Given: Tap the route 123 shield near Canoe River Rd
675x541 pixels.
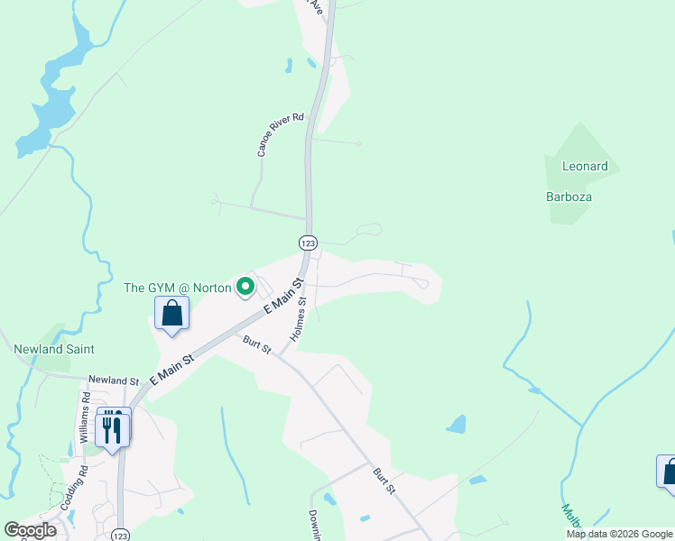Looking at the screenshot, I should (308, 243).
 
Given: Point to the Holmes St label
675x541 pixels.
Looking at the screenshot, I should (300, 320).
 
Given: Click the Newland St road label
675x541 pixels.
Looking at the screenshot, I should (114, 381).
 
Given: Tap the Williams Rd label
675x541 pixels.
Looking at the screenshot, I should (84, 417).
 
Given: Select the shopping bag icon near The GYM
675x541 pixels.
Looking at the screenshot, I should (171, 314).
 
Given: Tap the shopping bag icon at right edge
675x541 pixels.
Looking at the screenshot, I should (669, 472).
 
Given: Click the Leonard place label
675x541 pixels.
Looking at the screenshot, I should (585, 167).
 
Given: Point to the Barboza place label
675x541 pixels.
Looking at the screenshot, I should (568, 197).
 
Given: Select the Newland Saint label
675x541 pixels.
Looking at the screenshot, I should (54, 349).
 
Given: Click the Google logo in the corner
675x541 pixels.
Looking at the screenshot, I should (30, 530).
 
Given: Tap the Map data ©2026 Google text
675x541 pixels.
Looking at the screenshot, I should (619, 534).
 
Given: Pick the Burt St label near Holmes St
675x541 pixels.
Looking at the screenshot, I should (257, 344).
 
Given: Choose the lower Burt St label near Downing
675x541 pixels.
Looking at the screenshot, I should (384, 481).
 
